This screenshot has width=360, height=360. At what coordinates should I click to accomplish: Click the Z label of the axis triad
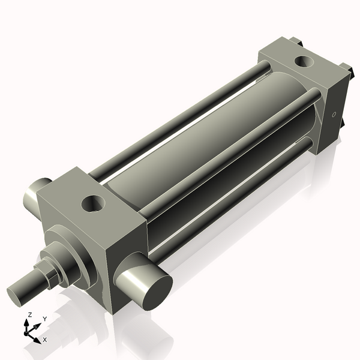tap(29, 314)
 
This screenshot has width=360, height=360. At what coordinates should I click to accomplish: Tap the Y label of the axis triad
tap(45, 319)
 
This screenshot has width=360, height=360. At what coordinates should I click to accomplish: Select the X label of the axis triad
tap(44, 340)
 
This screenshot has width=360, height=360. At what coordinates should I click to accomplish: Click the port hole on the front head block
tap(93, 202)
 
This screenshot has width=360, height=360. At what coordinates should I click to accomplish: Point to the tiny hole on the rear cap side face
tap(334, 114)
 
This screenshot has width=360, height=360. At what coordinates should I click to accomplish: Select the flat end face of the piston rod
tap(17, 295)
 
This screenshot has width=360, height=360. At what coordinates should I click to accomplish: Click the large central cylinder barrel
tap(198, 138)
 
